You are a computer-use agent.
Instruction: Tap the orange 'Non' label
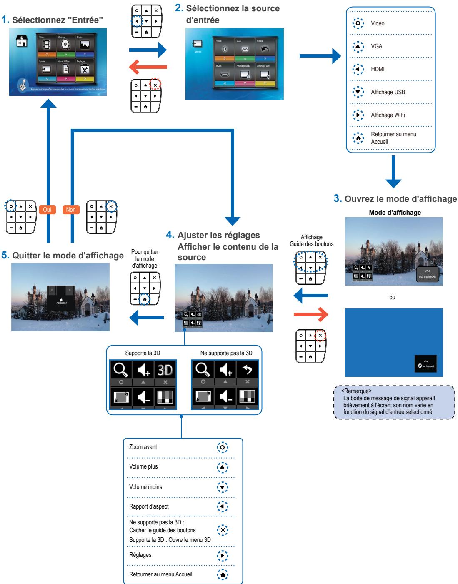pos(71,210)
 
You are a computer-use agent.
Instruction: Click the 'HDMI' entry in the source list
pos(378,69)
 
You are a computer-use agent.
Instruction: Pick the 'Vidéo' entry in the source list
pos(378,23)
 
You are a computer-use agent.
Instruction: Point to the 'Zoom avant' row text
pos(143,447)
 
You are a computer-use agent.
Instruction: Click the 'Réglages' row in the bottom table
pos(140,555)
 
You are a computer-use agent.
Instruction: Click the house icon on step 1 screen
pos(21,42)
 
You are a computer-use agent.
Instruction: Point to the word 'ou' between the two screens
pos(392,298)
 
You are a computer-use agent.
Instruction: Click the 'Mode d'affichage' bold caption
pos(395,213)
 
